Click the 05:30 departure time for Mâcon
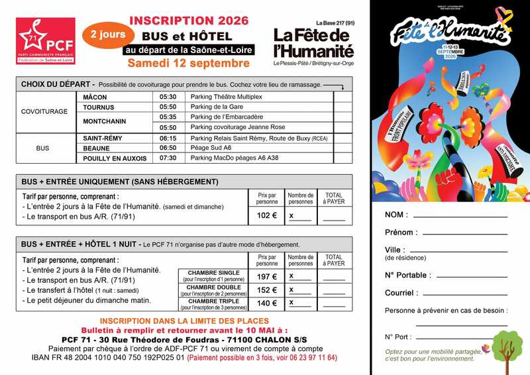click(168, 97)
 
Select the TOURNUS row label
click(99, 107)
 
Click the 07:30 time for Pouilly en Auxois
click(168, 158)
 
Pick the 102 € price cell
click(266, 215)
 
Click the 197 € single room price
click(266, 276)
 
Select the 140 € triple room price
click(266, 303)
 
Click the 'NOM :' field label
click(396, 215)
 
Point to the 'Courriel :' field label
click(401, 292)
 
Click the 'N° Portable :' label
click(407, 274)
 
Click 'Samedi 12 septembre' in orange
click(189, 64)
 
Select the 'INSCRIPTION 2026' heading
click(189, 21)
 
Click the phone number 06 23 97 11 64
click(309, 358)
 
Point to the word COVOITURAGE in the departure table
click(44, 111)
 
